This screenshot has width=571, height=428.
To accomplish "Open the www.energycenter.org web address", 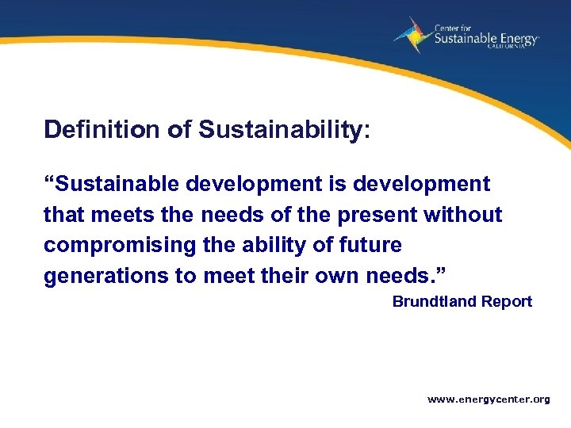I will [x=489, y=399].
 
